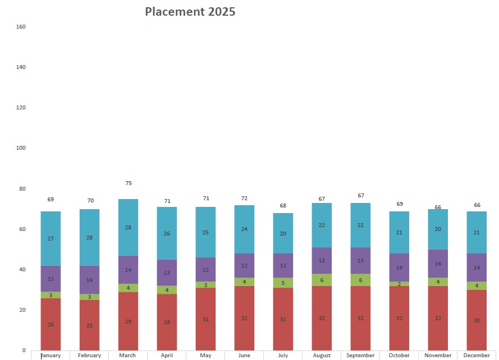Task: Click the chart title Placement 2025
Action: pos(190,12)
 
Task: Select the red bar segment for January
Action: pos(51,324)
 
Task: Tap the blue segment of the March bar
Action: pos(128,227)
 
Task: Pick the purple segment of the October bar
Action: pos(399,267)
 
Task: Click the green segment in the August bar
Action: pos(322,280)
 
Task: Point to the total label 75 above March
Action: pos(129,183)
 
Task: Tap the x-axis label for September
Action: pos(360,356)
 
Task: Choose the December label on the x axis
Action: pos(477,356)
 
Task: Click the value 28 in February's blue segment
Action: pos(90,238)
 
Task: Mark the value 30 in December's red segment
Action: pos(477,320)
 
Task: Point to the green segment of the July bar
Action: pos(283,283)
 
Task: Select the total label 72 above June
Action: pos(244,199)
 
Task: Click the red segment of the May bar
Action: pos(205,319)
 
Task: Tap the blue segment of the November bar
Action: pos(438,229)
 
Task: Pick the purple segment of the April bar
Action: pos(167,273)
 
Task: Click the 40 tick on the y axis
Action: pos(23,270)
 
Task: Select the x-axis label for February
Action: pos(90,356)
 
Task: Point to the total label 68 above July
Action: pos(283,206)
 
